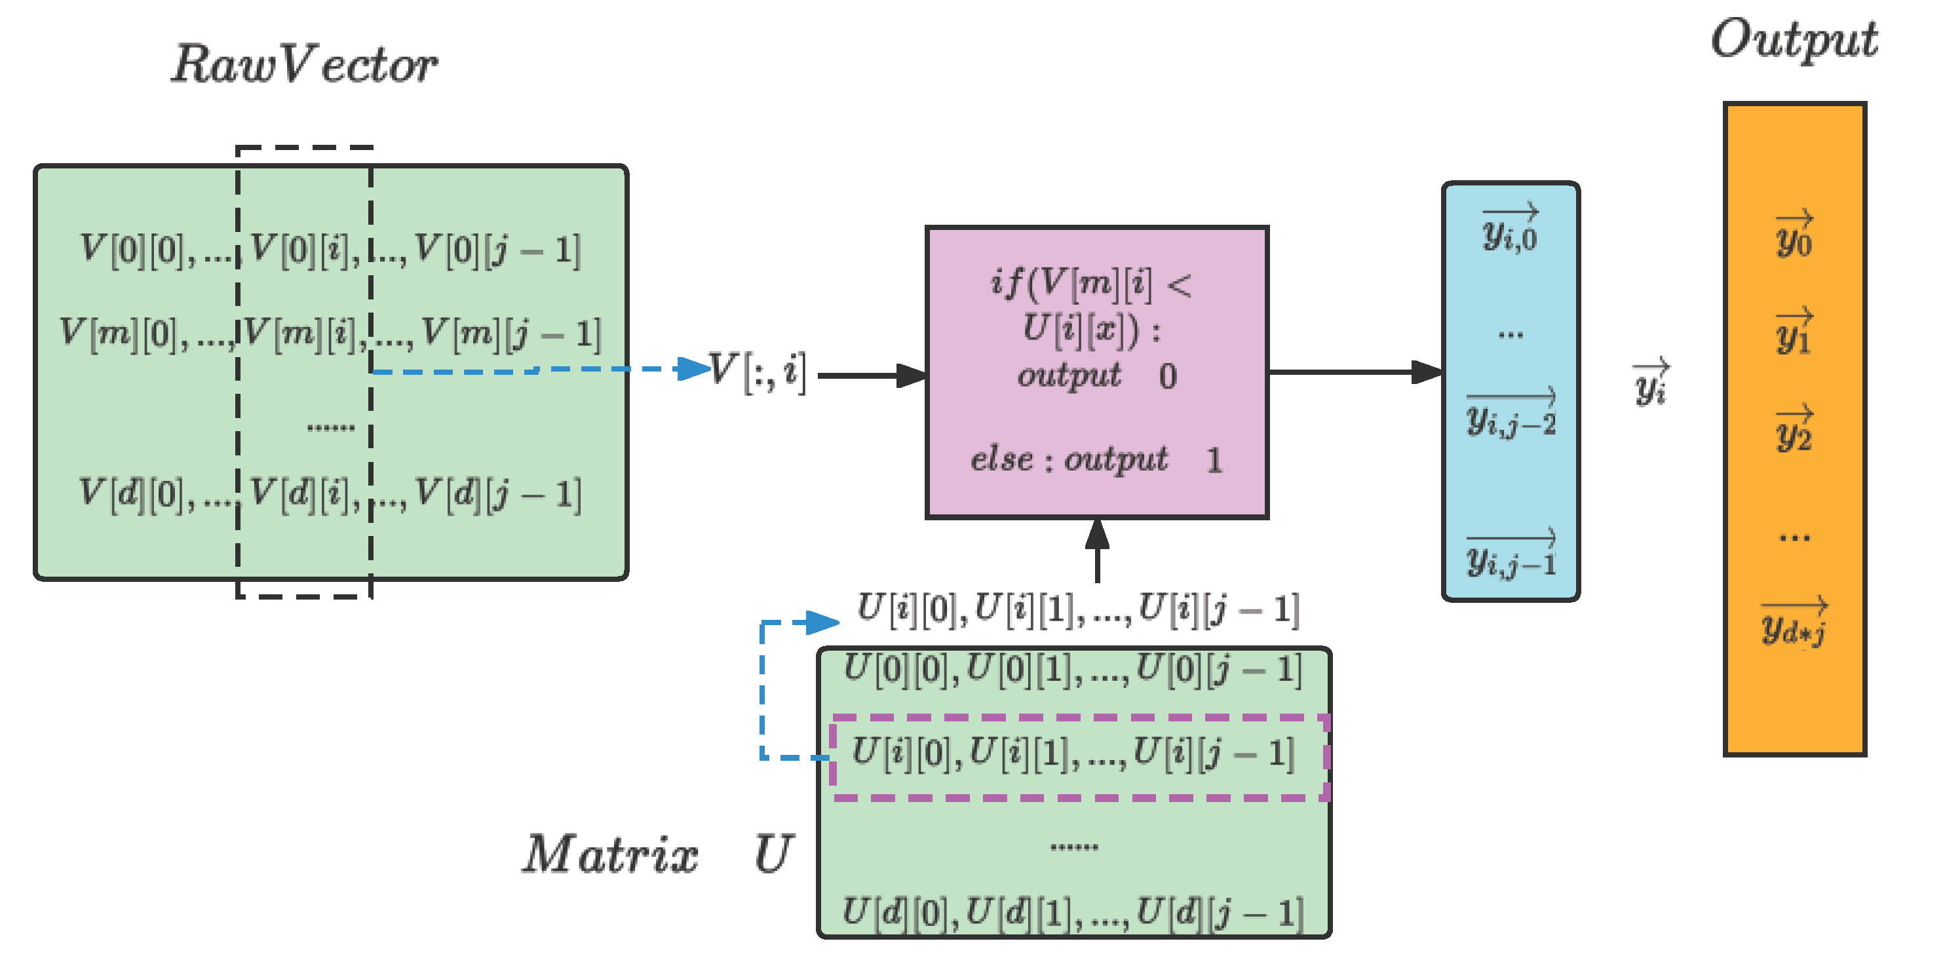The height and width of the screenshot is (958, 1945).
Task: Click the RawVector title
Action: pyautogui.click(x=304, y=65)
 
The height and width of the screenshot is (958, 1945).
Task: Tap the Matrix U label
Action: pyautogui.click(x=657, y=854)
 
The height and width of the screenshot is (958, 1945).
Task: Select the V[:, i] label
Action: pyautogui.click(x=758, y=372)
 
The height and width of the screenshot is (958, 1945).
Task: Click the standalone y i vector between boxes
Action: pyautogui.click(x=1651, y=383)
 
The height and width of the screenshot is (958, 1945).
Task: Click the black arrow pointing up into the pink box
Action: pyautogui.click(x=1097, y=551)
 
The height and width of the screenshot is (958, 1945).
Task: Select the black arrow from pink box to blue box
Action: pyautogui.click(x=1355, y=372)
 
